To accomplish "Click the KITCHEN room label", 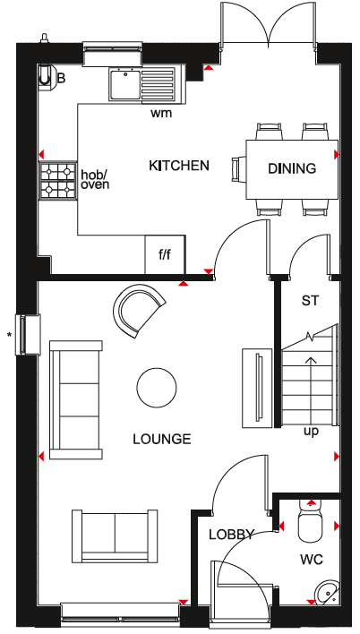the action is [179, 166].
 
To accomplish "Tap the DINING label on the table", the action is [292, 168].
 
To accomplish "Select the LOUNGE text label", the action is [162, 439].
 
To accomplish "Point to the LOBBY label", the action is [231, 535].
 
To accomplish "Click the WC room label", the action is [312, 560].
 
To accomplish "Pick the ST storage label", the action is [310, 300].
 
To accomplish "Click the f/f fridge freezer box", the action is [165, 254].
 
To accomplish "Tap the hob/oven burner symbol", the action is [58, 181].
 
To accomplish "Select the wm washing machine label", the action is [161, 113].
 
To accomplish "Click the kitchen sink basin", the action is [124, 83].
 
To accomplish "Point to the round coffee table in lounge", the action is [157, 388].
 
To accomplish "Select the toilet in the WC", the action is [311, 521].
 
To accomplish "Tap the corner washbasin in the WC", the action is [328, 592].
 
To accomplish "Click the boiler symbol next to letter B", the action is [46, 75].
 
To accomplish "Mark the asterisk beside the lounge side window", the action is [8, 334].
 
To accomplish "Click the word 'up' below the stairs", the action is [311, 432].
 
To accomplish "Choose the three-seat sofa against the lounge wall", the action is [76, 399].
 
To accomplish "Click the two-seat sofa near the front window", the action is [115, 536].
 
